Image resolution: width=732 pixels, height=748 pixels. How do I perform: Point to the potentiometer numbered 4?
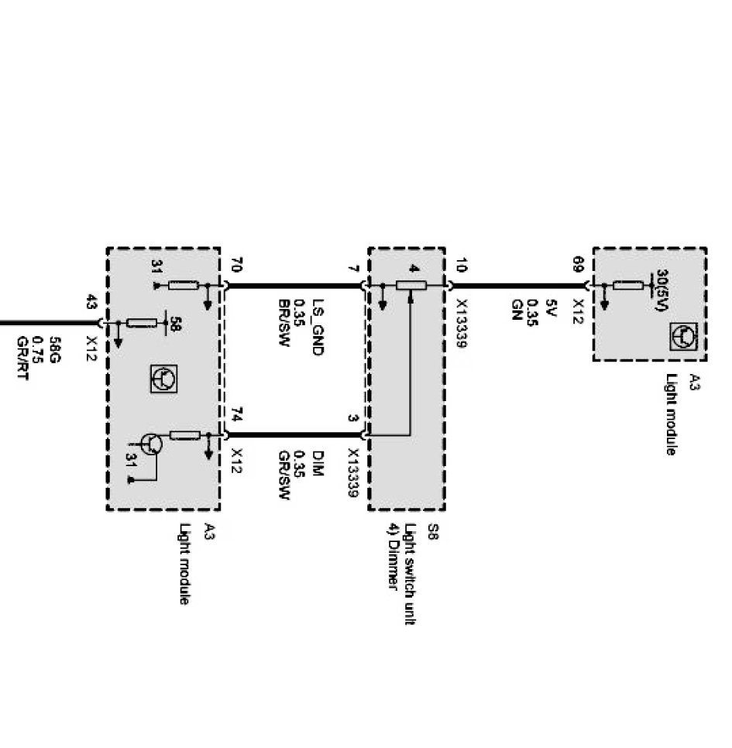[x=411, y=285]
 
